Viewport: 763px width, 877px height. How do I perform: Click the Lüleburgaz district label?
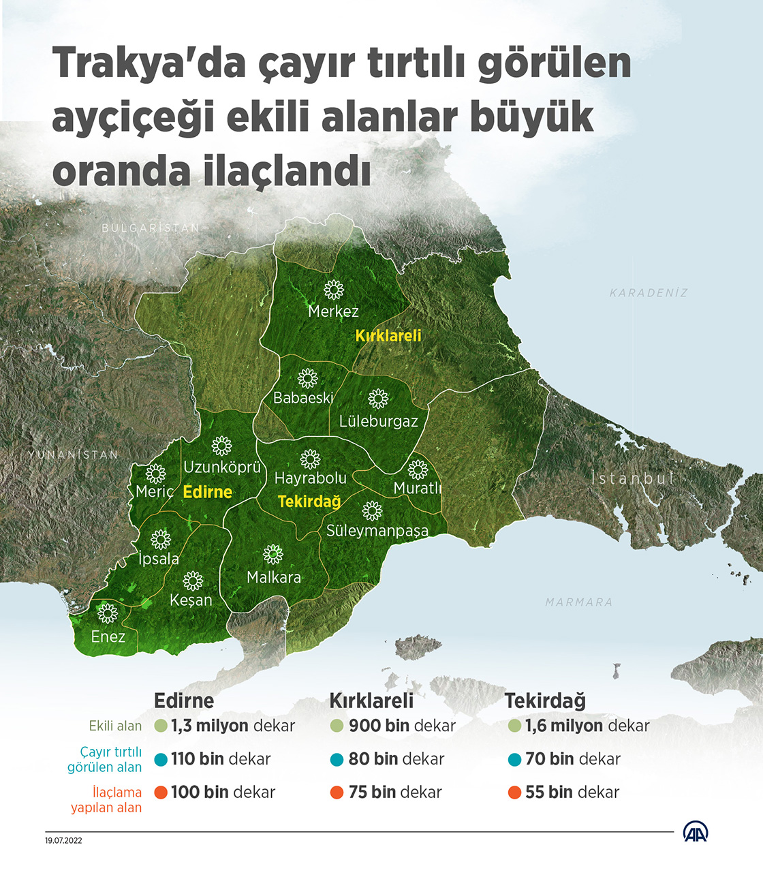(x=378, y=421)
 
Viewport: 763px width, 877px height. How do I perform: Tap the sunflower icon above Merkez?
(x=334, y=290)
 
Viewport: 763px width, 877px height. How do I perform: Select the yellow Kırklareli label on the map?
(x=388, y=335)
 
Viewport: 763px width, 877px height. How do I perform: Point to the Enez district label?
(x=108, y=636)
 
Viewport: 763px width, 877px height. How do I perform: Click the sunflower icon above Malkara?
(x=273, y=554)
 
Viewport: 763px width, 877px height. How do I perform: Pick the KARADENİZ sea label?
(x=649, y=293)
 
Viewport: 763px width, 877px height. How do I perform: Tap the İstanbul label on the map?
(x=632, y=478)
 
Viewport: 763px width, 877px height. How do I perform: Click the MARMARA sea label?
(x=579, y=602)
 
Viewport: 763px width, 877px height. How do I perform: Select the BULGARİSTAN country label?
(x=151, y=228)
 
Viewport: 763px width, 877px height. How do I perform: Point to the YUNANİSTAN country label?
(x=74, y=455)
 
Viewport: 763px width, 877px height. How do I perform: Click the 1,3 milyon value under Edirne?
(x=210, y=726)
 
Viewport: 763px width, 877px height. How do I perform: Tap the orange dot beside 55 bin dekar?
(x=514, y=793)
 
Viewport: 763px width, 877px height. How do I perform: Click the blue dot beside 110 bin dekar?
(x=161, y=759)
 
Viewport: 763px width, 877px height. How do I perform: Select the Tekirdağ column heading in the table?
(x=545, y=701)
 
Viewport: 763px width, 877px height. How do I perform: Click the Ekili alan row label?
(x=115, y=726)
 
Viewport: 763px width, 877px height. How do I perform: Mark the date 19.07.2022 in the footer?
(x=64, y=840)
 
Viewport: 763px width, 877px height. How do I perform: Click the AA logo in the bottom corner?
(x=696, y=832)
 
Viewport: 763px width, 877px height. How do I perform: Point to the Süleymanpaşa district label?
(x=377, y=530)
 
